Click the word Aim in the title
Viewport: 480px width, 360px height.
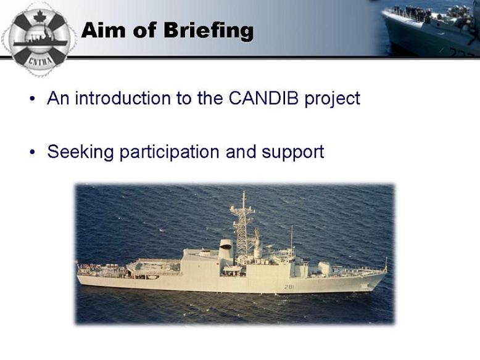[103, 30]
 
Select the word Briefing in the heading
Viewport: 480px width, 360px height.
[209, 31]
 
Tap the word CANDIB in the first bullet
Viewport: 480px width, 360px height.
[263, 98]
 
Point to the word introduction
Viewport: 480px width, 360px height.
[123, 98]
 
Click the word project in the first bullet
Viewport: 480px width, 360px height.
[332, 99]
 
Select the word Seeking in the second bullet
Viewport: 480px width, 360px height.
[80, 152]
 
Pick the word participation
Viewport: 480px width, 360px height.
[169, 152]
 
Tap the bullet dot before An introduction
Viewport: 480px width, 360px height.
[32, 99]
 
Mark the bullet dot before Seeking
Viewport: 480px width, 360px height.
[32, 152]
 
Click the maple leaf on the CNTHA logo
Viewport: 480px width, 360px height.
[39, 16]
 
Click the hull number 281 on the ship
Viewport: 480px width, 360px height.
[289, 287]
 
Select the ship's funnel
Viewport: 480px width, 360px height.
[226, 249]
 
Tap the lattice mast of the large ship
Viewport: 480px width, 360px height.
[242, 227]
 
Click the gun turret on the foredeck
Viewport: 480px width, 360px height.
[325, 269]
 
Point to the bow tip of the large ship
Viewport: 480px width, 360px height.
[387, 272]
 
